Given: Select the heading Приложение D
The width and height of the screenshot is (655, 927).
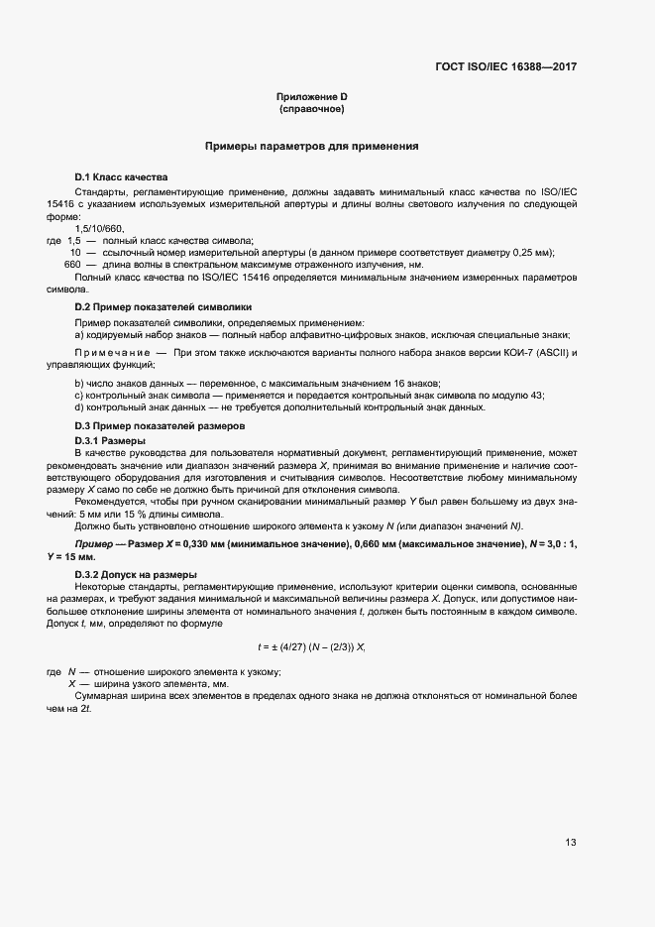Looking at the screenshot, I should tap(311, 96).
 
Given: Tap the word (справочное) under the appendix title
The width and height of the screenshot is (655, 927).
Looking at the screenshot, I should tap(311, 108).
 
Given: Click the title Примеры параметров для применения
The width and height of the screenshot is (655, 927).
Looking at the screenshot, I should tap(311, 146).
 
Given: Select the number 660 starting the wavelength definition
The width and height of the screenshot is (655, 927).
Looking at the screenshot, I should tap(72, 265).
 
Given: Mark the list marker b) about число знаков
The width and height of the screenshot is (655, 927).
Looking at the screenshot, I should tap(79, 384).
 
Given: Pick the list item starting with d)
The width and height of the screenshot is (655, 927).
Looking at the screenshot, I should tap(280, 407).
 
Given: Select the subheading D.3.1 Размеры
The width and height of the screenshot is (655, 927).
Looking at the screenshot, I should tap(110, 439).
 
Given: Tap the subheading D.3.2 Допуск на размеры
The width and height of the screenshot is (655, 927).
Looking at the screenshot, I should tap(136, 575).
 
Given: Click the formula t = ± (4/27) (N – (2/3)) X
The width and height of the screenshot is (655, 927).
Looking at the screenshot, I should tap(311, 647).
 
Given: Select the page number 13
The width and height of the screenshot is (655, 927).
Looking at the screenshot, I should tap(571, 843).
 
